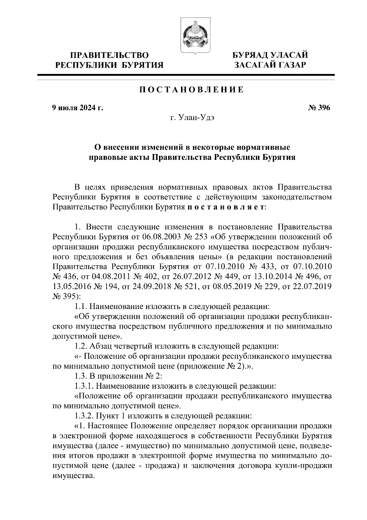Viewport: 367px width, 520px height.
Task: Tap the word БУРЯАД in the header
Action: point(249,55)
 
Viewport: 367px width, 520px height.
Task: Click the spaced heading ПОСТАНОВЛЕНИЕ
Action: point(192,90)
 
